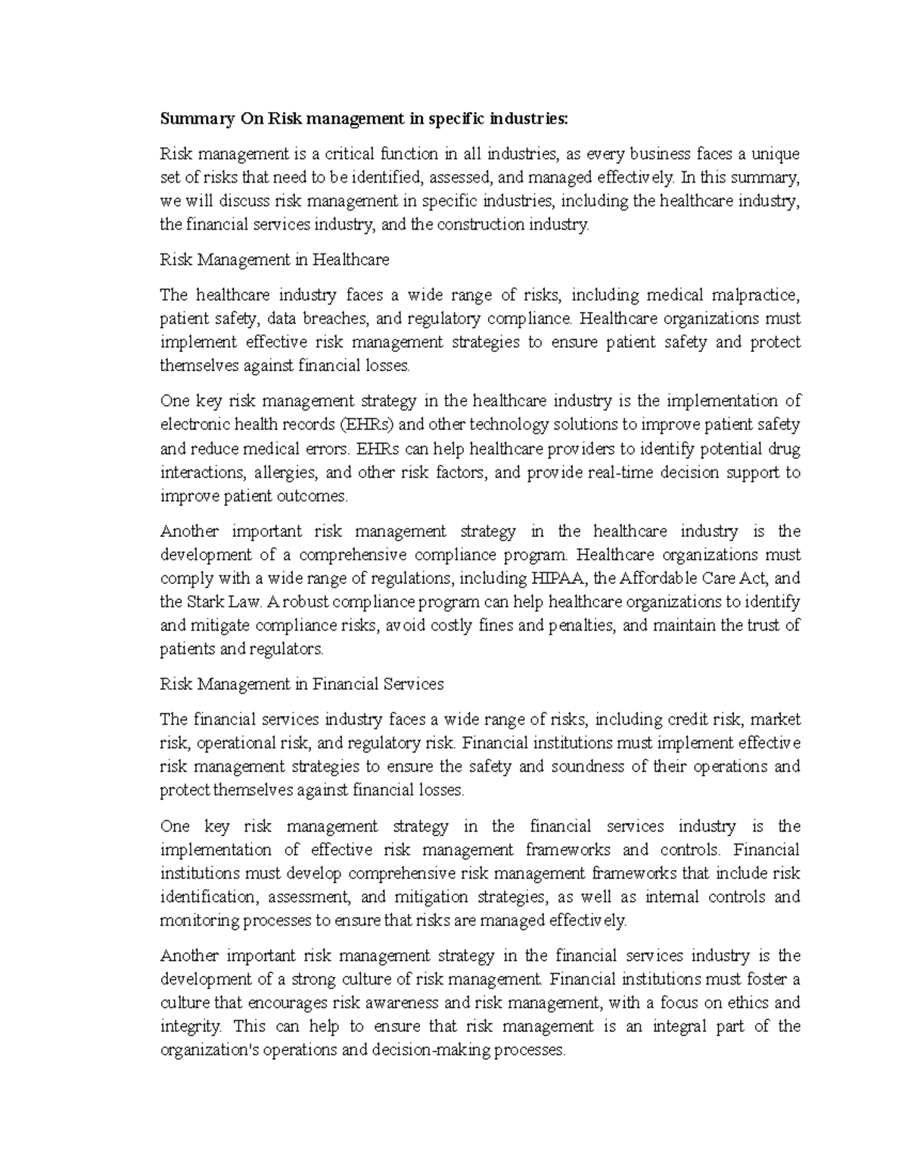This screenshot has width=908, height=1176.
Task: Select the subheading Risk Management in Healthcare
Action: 275,260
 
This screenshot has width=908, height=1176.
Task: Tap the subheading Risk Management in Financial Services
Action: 302,684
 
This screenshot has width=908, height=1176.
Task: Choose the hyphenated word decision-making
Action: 427,1050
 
